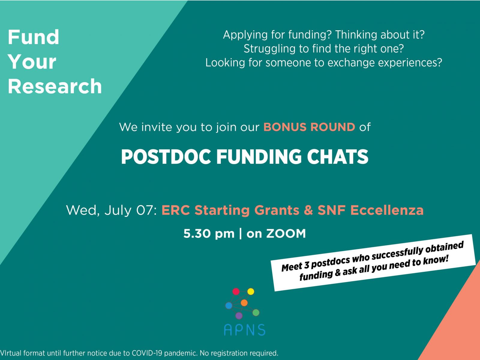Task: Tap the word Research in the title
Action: (55, 86)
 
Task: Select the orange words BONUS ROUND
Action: (309, 127)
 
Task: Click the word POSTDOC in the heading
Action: (166, 157)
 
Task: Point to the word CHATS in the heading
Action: (338, 157)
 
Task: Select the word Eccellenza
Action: (387, 210)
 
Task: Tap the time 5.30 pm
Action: (209, 234)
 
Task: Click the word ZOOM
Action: (286, 233)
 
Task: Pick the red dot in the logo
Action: (236, 291)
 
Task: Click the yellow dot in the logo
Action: (250, 291)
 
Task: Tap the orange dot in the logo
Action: (244, 303)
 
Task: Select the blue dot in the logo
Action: (229, 305)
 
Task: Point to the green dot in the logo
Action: (256, 313)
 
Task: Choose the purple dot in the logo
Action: (239, 316)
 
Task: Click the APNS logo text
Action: (244, 330)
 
